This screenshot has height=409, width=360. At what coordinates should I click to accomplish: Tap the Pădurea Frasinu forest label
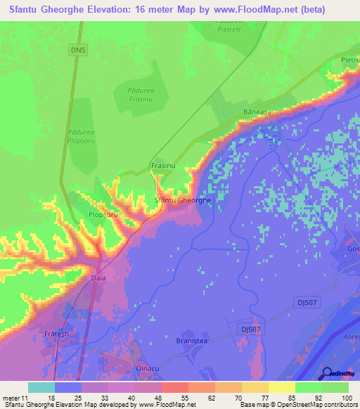(x=145, y=96)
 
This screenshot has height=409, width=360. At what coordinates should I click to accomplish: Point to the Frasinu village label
(x=162, y=166)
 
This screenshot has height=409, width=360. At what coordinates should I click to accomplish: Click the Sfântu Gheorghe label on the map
(x=182, y=200)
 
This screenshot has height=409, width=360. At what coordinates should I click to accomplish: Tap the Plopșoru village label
(x=103, y=214)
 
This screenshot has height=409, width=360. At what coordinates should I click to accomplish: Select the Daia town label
(x=98, y=278)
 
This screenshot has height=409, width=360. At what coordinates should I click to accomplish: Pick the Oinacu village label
(x=148, y=368)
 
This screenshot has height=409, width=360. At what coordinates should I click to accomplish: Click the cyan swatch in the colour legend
(x=41, y=387)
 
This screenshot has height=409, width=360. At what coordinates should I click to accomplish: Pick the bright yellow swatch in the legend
(x=282, y=387)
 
